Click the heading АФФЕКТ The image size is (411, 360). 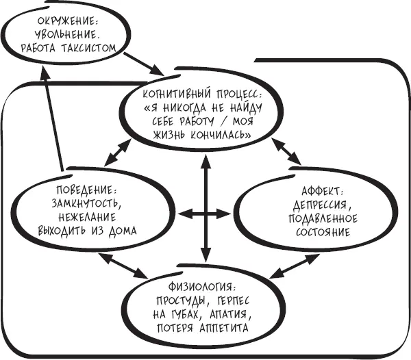click(x=319, y=190)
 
